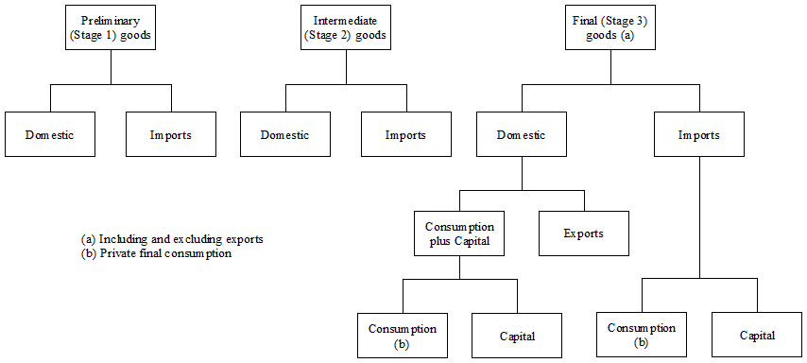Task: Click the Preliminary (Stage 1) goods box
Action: tap(112, 27)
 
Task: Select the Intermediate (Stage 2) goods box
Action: tap(346, 27)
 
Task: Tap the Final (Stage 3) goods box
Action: tap(609, 27)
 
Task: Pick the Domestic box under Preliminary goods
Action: tap(50, 134)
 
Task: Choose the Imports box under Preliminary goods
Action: tap(171, 134)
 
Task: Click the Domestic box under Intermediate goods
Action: tap(285, 134)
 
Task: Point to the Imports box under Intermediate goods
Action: tap(405, 134)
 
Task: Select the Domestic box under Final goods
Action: tap(522, 134)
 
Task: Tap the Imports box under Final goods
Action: tap(698, 134)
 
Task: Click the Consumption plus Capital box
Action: tap(460, 233)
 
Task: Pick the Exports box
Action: tap(583, 233)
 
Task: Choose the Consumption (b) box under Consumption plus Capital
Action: tap(403, 336)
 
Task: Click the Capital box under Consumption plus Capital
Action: tap(518, 336)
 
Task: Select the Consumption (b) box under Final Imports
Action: tap(643, 335)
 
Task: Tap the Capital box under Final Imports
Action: tap(757, 335)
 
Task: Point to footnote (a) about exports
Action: tap(172, 239)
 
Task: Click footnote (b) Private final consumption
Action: tap(157, 252)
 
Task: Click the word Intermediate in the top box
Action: tap(346, 20)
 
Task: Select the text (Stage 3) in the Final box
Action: tap(625, 20)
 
